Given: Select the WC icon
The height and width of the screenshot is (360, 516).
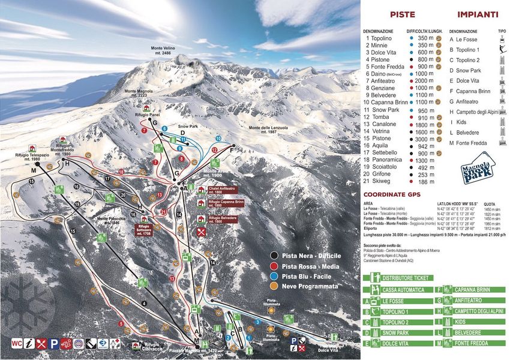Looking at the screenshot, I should tap(17, 344).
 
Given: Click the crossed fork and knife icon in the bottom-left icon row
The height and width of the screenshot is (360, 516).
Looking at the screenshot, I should tap(42, 344).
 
